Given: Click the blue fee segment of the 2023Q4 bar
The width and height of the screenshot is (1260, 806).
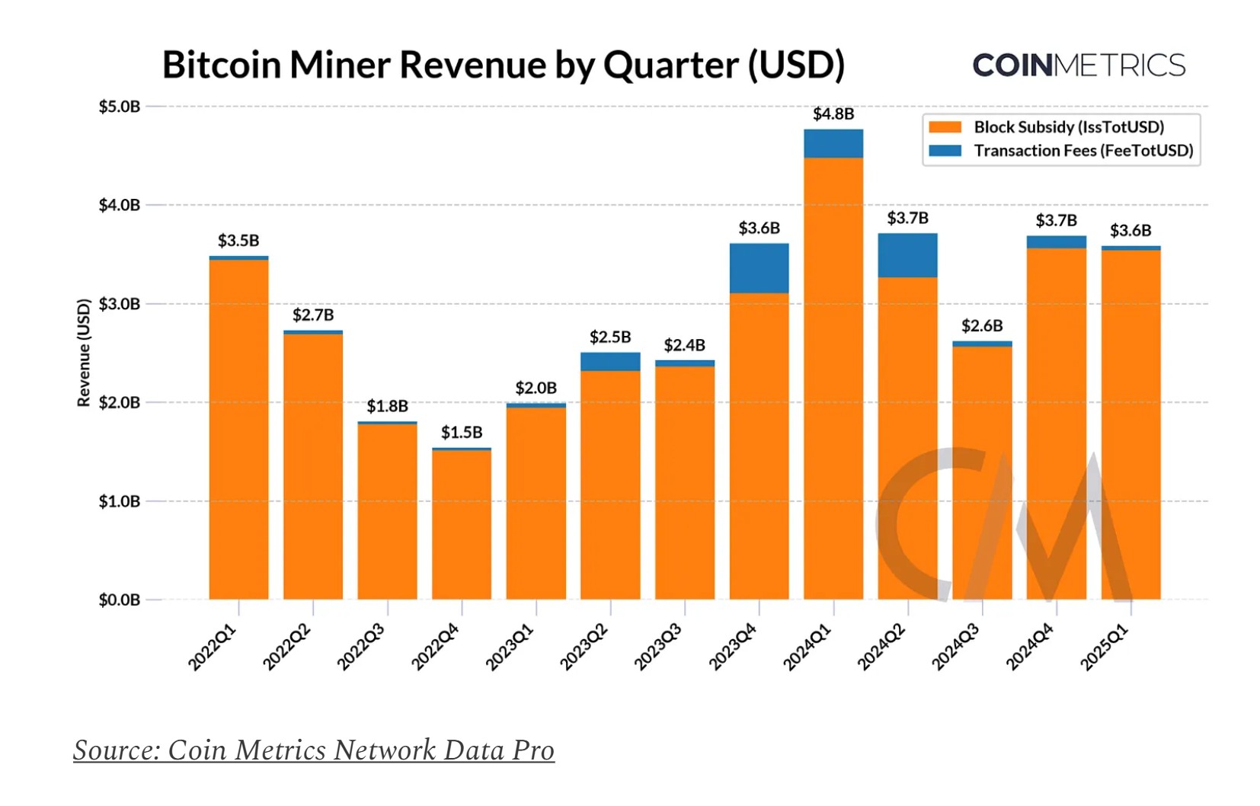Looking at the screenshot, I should (x=759, y=268).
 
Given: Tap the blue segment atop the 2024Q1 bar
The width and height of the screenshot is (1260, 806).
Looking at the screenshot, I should (x=833, y=143).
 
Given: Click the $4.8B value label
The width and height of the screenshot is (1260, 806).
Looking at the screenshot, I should (x=833, y=114).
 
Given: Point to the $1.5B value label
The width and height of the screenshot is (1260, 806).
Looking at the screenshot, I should (x=462, y=433).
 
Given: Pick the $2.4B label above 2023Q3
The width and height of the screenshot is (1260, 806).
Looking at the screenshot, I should (x=684, y=345).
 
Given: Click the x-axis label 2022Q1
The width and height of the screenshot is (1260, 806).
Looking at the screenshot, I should (x=213, y=647).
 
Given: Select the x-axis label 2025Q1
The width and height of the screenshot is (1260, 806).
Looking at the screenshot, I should (x=1105, y=647).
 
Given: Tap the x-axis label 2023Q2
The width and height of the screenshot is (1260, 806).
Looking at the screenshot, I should (x=584, y=647).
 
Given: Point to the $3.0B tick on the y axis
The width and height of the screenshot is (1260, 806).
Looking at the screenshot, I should (x=120, y=304).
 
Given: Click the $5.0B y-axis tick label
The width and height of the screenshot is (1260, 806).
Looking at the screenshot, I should (x=120, y=107).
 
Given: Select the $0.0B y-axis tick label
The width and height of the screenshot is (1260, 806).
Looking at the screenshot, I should (x=120, y=600).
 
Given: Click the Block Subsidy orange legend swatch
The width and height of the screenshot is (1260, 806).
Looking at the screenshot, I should (x=945, y=127).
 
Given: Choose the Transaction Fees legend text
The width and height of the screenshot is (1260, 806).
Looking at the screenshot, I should (x=1083, y=151).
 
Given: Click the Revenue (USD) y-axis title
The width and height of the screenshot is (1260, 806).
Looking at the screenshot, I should (x=84, y=352).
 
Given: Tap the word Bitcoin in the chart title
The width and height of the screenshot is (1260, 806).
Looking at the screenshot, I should (x=222, y=65).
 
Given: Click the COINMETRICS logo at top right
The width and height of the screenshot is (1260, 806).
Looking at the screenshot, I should (x=1079, y=66).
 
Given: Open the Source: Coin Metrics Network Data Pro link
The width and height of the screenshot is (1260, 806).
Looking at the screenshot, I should (x=314, y=750).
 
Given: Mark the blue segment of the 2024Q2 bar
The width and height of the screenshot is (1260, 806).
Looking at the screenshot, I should (x=907, y=255).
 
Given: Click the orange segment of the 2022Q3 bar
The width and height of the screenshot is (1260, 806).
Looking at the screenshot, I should (x=387, y=510).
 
